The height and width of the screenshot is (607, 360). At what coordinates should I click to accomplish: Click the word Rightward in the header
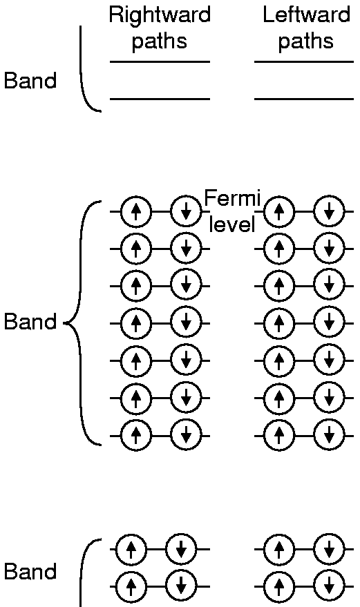pos(160,15)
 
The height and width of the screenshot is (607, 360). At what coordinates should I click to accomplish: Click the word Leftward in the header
pos(306,15)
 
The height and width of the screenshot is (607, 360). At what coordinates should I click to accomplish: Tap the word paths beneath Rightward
pos(159,41)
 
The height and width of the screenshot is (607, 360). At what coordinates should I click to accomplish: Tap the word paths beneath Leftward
pos(305,41)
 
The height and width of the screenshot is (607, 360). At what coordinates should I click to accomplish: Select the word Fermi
pos(231,199)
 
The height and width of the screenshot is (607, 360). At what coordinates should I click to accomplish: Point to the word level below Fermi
pos(231,224)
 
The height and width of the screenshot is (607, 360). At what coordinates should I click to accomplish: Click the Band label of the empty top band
pos(30,81)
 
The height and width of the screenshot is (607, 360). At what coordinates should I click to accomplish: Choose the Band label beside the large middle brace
pos(30,322)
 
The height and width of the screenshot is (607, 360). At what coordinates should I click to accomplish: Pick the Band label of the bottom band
pos(30,571)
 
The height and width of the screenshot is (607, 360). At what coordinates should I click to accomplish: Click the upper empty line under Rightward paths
pos(160,61)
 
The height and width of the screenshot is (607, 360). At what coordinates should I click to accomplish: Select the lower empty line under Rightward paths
pos(160,99)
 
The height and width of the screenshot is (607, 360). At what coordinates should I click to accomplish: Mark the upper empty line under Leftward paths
pos(304,61)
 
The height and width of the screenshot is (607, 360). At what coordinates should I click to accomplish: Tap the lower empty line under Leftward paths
pos(304,99)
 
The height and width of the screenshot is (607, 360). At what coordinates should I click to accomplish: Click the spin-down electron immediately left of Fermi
pos(186,212)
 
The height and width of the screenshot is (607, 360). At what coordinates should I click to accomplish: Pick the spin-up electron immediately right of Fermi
pos(279,212)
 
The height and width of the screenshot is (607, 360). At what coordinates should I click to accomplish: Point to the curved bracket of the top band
pos(82,70)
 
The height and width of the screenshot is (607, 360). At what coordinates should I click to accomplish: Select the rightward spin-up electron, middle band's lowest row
pos(135,436)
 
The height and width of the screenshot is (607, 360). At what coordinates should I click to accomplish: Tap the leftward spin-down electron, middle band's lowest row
pos(329,436)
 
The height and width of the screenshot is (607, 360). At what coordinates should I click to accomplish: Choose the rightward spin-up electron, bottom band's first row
pos(131,549)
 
